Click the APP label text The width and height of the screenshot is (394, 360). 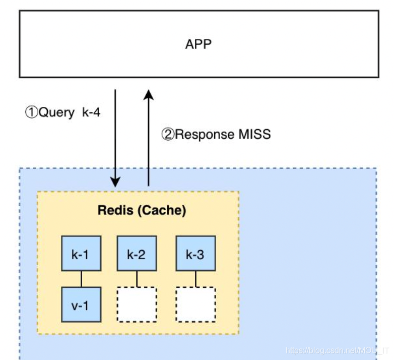click(198, 44)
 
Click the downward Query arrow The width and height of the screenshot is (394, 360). click(116, 136)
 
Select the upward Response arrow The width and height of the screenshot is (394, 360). click(149, 136)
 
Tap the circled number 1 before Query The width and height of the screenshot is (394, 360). click(30, 112)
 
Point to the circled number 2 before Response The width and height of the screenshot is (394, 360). click(167, 135)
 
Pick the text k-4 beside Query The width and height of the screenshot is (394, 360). click(91, 112)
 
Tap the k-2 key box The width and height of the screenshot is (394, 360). click(137, 254)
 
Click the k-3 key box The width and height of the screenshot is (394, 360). click(195, 254)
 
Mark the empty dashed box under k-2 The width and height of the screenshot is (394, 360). click(137, 304)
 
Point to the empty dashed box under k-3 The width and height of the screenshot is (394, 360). click(195, 304)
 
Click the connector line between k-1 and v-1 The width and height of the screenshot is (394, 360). click(81, 279)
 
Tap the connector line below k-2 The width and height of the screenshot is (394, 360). click(137, 279)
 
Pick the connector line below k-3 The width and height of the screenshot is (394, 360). click(195, 279)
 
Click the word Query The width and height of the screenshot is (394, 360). click(56, 112)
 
